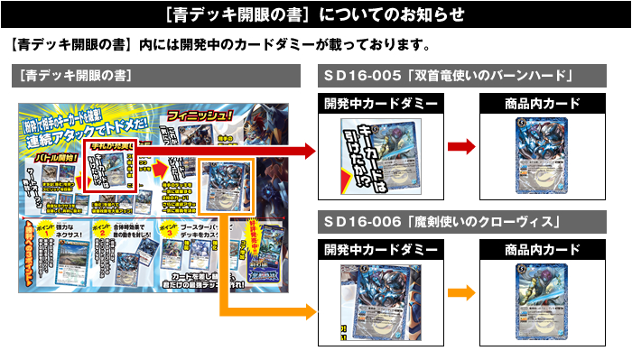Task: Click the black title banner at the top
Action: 316,14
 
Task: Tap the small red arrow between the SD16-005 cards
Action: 461,147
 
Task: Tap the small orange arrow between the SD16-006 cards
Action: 461,292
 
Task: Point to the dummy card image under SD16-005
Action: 380,152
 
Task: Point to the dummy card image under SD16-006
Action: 380,300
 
